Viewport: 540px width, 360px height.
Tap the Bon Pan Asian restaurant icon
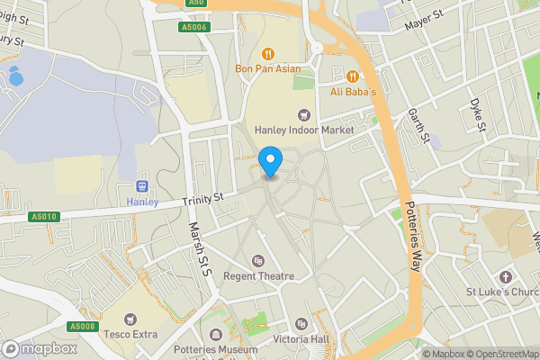(x=268, y=52)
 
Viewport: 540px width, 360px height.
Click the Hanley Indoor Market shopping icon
(x=304, y=113)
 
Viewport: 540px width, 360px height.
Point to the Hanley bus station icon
(x=140, y=185)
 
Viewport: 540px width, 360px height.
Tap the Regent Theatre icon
(x=259, y=261)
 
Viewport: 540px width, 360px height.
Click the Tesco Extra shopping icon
(x=130, y=319)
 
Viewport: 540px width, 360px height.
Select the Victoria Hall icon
(x=301, y=324)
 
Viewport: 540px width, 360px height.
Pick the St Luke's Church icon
(x=504, y=275)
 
